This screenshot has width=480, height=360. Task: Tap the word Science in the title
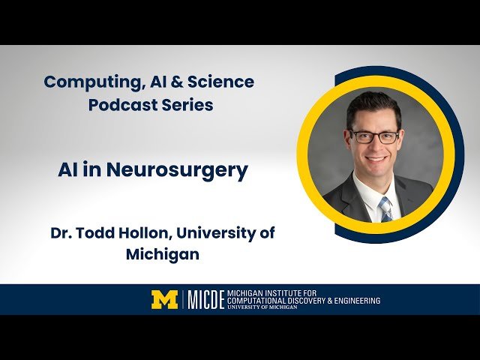point(223,82)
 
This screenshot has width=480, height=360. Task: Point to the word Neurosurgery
point(177,170)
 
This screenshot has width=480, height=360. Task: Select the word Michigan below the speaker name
point(163,254)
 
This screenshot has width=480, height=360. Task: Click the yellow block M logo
point(164,299)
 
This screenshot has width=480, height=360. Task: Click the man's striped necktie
point(385,208)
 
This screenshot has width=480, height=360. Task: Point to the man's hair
point(373,106)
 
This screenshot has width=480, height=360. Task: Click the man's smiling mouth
point(376,160)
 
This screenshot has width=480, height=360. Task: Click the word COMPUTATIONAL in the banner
point(262,301)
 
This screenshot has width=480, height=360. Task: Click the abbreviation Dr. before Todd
point(61,233)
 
